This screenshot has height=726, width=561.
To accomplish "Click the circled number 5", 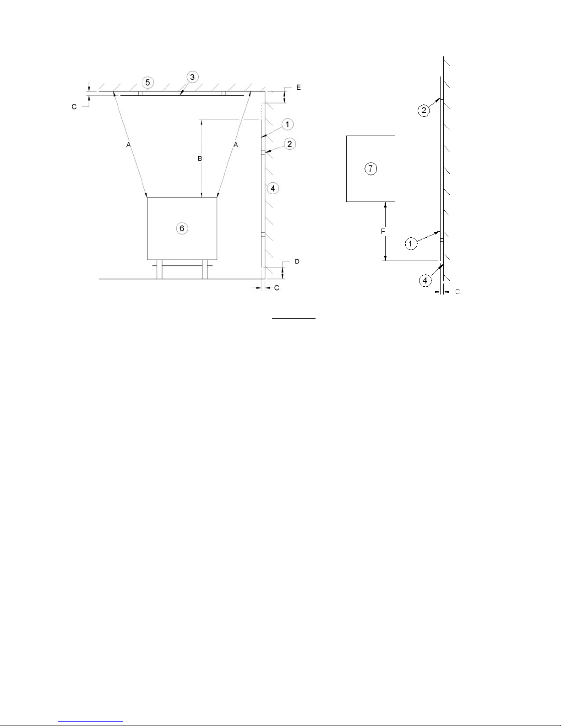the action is (x=147, y=82).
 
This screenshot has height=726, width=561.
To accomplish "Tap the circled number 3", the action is (x=192, y=77).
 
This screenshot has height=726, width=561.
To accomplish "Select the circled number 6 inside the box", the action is (x=182, y=228).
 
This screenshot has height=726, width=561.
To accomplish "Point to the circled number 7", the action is (x=370, y=169).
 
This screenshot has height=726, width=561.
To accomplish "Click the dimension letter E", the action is (x=299, y=87).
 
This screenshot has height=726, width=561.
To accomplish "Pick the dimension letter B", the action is (x=200, y=158).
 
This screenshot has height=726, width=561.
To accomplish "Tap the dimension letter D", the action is (x=297, y=261).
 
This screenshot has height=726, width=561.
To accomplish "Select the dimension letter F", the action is (x=383, y=231).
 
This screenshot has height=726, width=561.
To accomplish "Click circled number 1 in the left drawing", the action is (x=287, y=124).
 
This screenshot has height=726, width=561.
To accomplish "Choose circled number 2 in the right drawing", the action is (x=424, y=110).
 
